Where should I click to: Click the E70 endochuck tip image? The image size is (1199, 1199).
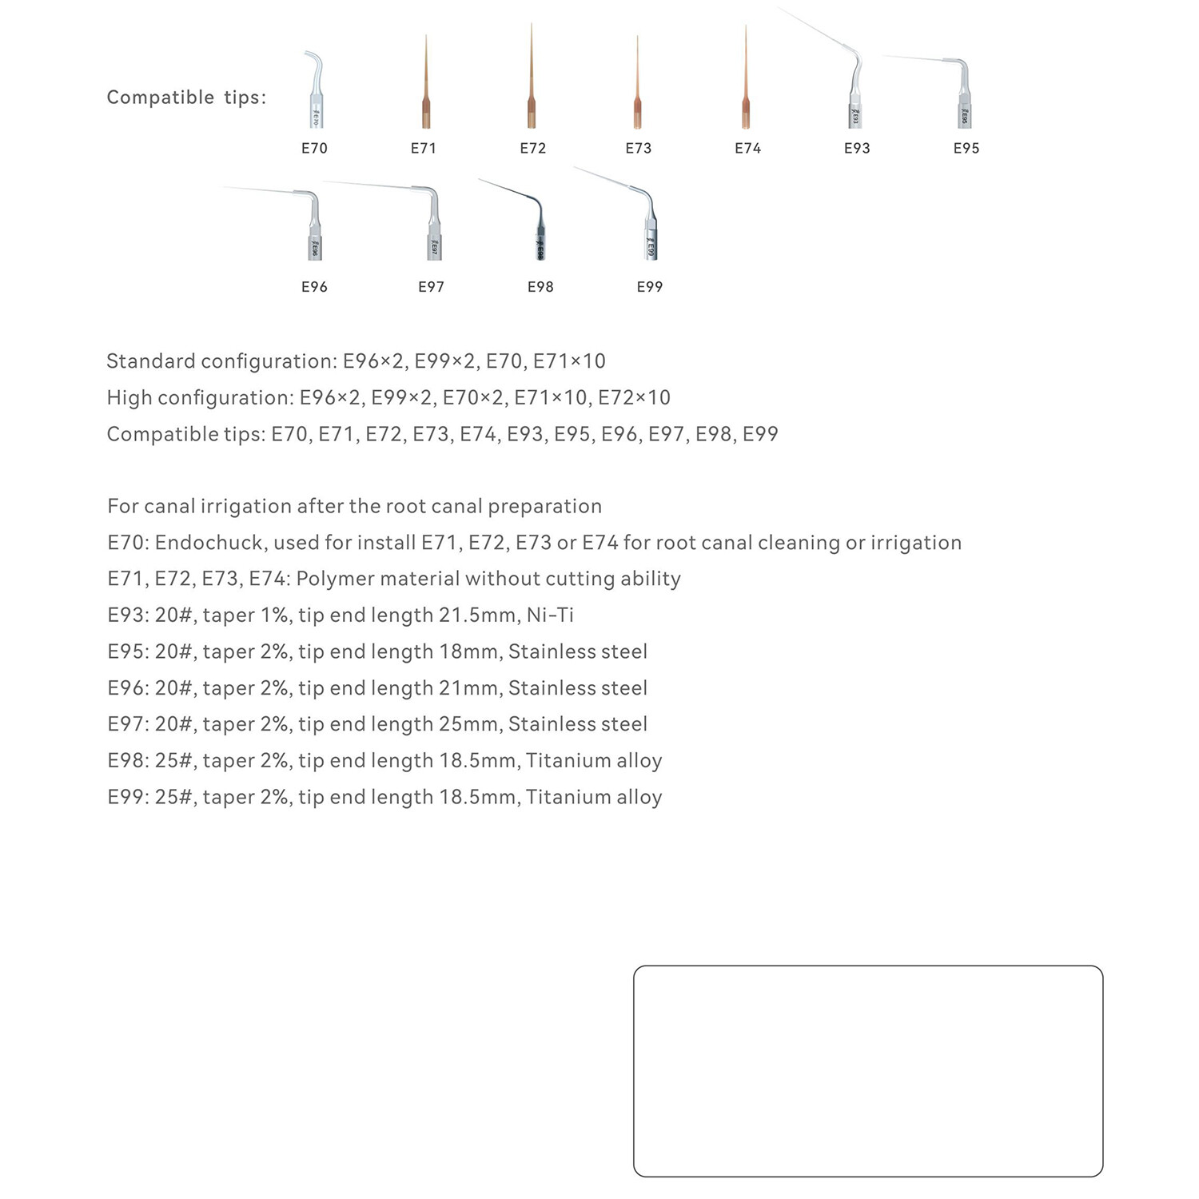pyautogui.click(x=315, y=92)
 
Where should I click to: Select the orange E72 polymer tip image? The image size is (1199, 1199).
pyautogui.click(x=532, y=88)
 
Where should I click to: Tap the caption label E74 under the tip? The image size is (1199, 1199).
pyautogui.click(x=747, y=149)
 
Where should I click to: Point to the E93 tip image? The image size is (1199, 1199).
pyautogui.click(x=852, y=92)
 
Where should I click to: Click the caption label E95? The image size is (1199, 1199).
pyautogui.click(x=966, y=149)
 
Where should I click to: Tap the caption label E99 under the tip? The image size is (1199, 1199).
pyautogui.click(x=649, y=287)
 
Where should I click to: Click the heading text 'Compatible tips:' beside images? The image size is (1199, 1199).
pyautogui.click(x=186, y=98)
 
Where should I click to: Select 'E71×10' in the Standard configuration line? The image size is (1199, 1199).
pyautogui.click(x=569, y=361)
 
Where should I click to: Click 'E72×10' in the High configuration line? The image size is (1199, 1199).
pyautogui.click(x=634, y=398)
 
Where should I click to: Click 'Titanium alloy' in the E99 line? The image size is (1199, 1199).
pyautogui.click(x=594, y=797)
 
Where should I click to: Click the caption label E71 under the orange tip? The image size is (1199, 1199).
pyautogui.click(x=423, y=149)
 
